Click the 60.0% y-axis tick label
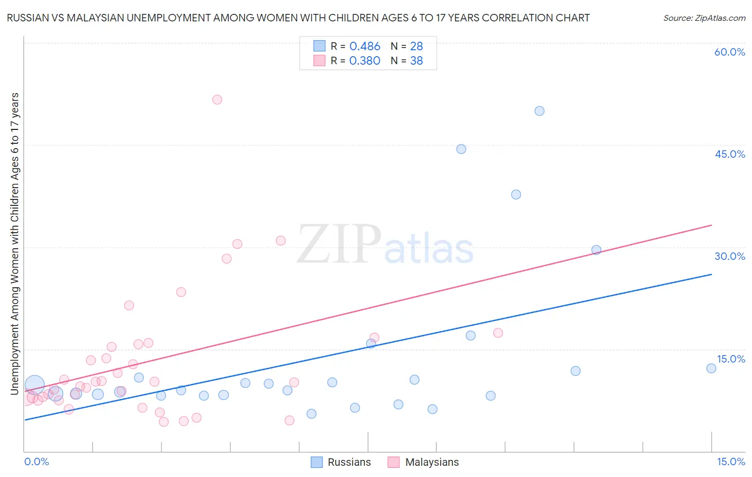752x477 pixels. click(x=730, y=52)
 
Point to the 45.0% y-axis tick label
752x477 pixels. click(x=730, y=154)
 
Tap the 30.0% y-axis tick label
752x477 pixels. click(x=730, y=256)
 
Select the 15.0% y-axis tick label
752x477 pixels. click(x=731, y=359)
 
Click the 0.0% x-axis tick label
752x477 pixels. click(x=36, y=461)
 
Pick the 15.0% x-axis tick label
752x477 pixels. click(x=731, y=461)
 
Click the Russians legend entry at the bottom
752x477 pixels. click(x=349, y=462)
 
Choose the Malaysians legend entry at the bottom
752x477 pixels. click(x=432, y=462)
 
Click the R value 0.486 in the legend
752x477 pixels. click(x=365, y=47)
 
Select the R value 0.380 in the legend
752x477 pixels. click(x=365, y=61)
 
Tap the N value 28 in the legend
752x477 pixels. click(x=416, y=47)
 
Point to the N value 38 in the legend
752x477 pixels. click(x=416, y=61)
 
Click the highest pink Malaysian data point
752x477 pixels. click(x=217, y=99)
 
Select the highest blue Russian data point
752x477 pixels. click(x=540, y=111)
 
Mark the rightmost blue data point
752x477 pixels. click(x=711, y=368)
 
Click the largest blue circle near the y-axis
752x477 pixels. click(x=35, y=384)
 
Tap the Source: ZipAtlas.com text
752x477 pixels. click(x=704, y=18)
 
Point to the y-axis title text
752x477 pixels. click(x=15, y=244)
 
